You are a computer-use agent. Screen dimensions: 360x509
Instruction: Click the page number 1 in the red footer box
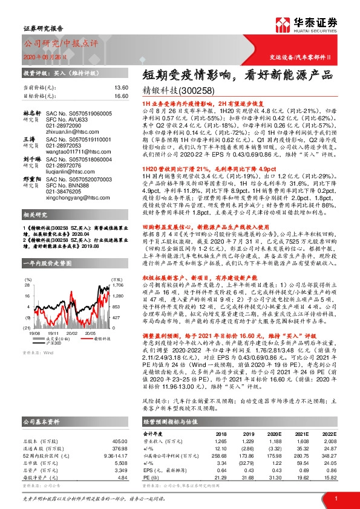point(335,497)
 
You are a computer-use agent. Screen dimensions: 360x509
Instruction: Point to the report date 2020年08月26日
point(41,56)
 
